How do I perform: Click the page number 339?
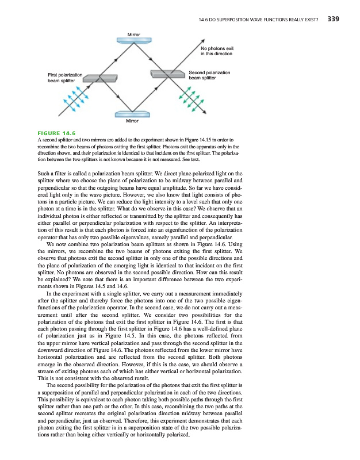333,19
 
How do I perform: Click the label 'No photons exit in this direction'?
216,51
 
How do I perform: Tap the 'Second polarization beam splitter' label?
209,75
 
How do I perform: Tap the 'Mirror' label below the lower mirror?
133,122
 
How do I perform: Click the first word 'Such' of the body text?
43,172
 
